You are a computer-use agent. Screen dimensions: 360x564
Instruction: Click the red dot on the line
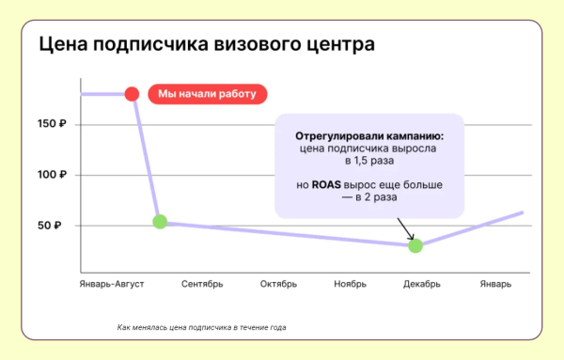pos(132,94)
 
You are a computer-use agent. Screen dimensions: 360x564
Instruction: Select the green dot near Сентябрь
pos(160,222)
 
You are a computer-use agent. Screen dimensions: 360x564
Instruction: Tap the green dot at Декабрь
pos(415,245)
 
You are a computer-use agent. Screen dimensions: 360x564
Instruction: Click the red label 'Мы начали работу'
pos(207,94)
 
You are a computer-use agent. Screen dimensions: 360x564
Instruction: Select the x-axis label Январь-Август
pos(111,284)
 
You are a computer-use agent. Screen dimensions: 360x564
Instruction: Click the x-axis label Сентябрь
pos(201,284)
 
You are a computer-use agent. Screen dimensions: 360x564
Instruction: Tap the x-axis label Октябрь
pos(278,284)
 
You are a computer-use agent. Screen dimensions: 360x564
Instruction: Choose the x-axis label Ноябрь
pos(350,284)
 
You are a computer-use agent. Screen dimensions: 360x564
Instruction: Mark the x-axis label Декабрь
pos(422,284)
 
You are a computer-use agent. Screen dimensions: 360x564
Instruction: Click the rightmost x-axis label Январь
pos(495,284)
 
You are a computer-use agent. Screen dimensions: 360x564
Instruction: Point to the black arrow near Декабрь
pos(405,228)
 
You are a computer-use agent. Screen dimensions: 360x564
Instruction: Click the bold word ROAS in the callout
pos(324,185)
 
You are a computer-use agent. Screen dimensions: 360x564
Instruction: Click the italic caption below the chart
pos(201,328)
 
